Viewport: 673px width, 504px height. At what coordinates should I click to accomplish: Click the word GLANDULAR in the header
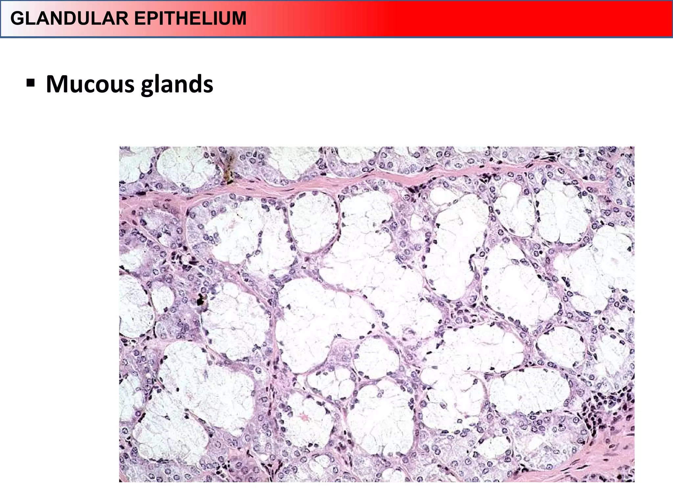click(x=69, y=18)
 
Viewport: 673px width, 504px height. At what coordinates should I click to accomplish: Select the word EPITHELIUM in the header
click(x=190, y=18)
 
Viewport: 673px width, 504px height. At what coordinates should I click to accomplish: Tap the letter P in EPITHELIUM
click(x=153, y=18)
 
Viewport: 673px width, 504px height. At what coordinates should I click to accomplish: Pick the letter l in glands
click(x=156, y=84)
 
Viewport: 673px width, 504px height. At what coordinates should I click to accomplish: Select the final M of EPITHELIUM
click(x=238, y=18)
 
